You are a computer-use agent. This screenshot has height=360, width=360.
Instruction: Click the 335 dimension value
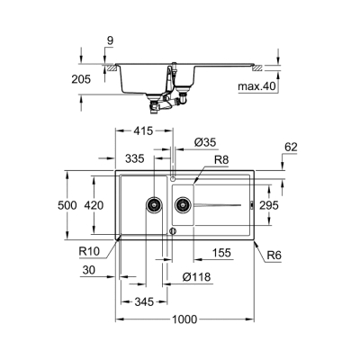[x=136, y=158]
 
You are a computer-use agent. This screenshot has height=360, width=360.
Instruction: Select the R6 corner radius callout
[x=275, y=255]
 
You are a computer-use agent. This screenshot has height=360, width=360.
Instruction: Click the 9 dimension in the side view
[x=109, y=40]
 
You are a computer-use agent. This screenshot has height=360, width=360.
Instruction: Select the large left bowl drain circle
[x=155, y=205]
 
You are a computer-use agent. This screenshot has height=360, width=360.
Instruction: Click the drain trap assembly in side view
[x=166, y=103]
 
